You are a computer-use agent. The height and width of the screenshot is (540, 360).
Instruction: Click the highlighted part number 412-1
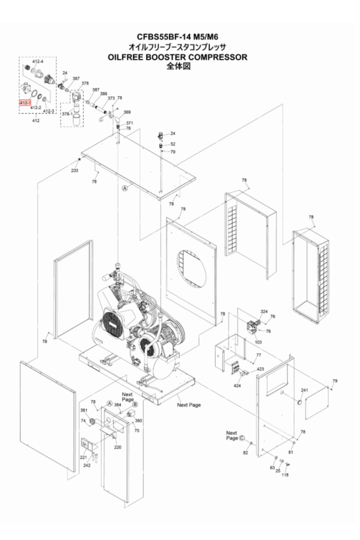point(25,102)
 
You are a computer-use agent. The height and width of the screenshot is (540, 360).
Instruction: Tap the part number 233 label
point(75,170)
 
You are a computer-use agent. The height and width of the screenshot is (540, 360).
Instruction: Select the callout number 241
point(304,391)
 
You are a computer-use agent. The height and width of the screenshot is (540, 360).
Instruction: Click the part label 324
point(264,311)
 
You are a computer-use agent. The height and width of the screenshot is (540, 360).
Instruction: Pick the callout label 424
point(238,385)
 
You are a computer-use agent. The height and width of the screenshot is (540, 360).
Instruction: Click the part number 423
point(260,369)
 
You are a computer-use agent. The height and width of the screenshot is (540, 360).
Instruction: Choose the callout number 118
point(285,475)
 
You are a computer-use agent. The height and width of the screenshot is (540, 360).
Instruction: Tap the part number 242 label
point(87,465)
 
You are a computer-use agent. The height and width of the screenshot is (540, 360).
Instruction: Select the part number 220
point(118,447)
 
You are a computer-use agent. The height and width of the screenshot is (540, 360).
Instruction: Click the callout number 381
point(84,410)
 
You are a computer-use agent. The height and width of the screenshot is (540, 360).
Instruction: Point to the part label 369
point(127,112)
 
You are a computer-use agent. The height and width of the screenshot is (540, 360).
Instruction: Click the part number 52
point(173,144)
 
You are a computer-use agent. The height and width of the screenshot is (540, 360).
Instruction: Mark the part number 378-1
point(67,114)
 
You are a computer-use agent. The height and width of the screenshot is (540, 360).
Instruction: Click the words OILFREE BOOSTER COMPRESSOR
point(177,57)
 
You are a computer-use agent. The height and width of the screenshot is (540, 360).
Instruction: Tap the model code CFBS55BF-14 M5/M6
point(178,37)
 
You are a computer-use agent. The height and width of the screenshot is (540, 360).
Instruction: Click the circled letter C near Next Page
point(242,438)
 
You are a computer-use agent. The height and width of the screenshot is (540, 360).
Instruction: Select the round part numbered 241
point(300,402)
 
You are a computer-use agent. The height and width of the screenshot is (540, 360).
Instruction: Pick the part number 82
point(245,452)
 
